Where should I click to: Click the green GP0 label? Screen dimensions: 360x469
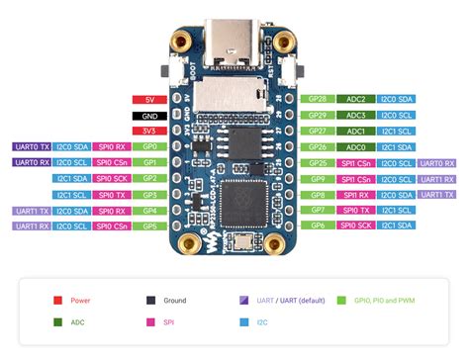tap(150, 146)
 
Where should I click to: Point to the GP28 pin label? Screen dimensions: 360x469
tap(318, 99)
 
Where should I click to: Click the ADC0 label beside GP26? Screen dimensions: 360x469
tap(357, 146)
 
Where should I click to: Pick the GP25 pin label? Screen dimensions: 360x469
tap(318, 162)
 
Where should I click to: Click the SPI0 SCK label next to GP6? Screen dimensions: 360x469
tap(357, 226)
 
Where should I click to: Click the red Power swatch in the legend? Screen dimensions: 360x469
tap(59, 299)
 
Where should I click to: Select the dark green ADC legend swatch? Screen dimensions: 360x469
tap(59, 322)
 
